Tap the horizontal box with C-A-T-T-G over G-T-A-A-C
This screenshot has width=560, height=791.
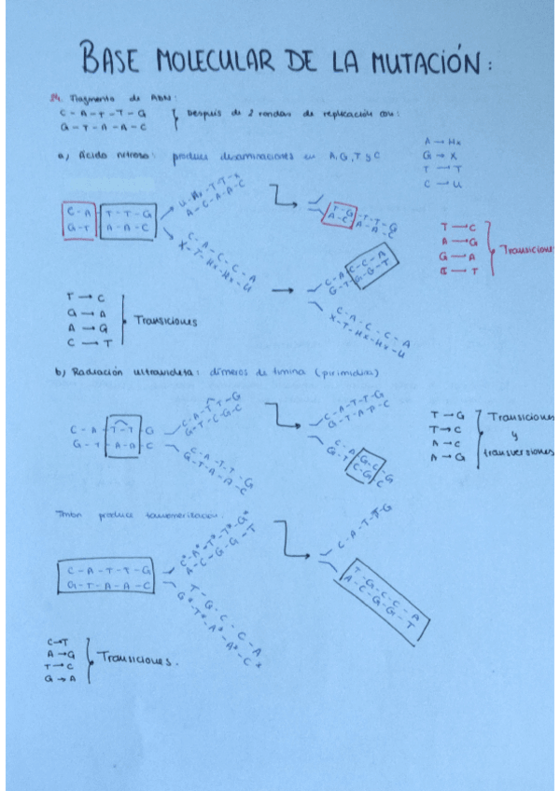click(106, 577)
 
